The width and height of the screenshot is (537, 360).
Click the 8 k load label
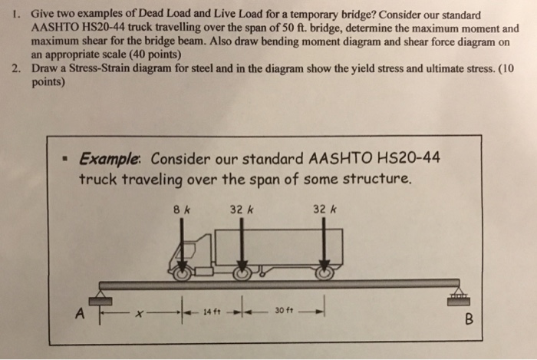pyautogui.click(x=181, y=206)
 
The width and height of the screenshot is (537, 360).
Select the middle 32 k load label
pyautogui.click(x=242, y=206)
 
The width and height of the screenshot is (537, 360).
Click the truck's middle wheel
pyautogui.click(x=242, y=272)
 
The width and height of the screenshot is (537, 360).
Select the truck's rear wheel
pyautogui.click(x=325, y=272)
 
